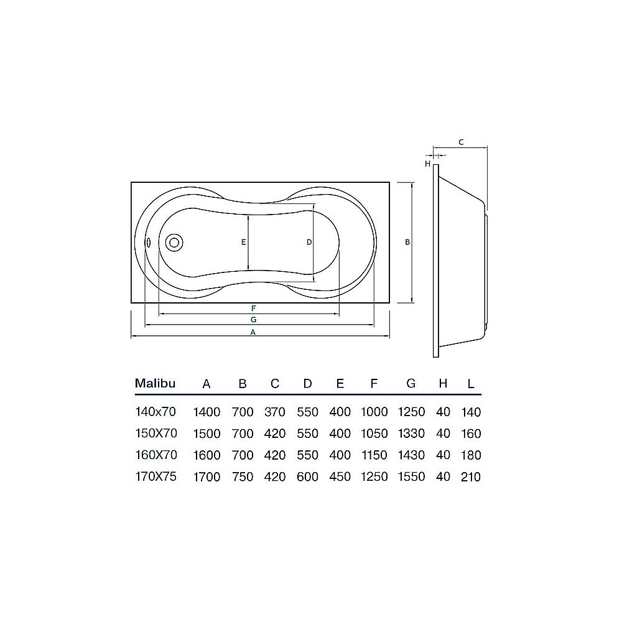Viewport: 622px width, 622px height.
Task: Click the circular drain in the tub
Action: coord(174,243)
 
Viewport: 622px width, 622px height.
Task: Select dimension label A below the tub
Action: coord(253,332)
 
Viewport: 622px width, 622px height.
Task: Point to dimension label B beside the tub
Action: coord(407,243)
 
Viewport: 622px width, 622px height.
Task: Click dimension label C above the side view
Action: coord(460,142)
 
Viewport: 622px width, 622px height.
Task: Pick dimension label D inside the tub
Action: coord(309,242)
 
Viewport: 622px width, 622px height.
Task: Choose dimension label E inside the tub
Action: coord(244,242)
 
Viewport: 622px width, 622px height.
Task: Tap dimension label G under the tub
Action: coord(253,320)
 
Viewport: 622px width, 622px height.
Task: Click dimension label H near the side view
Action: coord(428,164)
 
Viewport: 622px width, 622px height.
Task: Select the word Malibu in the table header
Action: coord(155,383)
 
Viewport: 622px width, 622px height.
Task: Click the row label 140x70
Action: coord(155,412)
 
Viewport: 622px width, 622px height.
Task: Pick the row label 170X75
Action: coord(155,477)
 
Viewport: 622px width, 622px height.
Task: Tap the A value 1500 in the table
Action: coord(207,434)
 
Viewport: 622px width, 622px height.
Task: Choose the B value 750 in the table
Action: coord(242,477)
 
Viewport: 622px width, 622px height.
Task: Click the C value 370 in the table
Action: coord(274,412)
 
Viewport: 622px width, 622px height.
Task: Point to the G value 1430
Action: coord(411,455)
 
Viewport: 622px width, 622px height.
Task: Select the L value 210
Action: coord(471,477)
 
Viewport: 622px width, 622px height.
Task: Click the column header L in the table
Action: coord(471,384)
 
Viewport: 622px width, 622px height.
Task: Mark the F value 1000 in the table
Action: coord(374,412)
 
